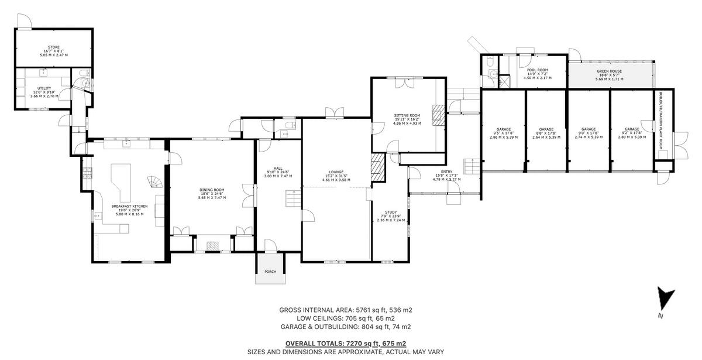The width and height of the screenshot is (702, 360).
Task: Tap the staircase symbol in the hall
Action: click(292, 198)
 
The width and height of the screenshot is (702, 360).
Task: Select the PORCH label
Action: click(270, 272)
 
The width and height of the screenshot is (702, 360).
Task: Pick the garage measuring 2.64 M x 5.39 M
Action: click(546, 133)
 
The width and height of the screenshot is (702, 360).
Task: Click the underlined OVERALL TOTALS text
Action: click(345, 344)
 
